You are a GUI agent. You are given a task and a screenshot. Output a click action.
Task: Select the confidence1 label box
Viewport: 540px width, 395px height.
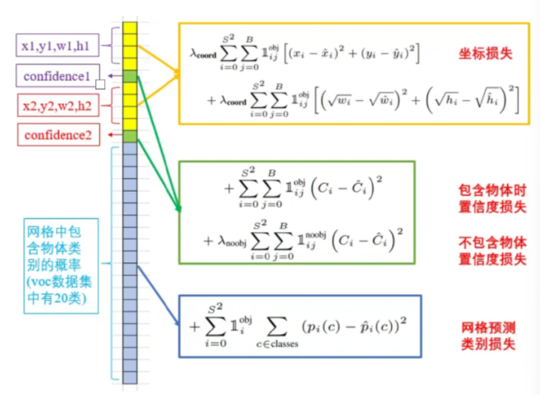(x=58, y=75)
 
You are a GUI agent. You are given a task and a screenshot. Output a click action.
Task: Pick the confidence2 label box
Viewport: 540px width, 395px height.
(x=58, y=135)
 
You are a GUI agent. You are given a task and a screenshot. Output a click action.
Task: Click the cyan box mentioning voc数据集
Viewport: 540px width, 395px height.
(x=61, y=266)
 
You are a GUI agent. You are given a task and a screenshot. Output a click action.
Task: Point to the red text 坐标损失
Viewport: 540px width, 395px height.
(x=485, y=54)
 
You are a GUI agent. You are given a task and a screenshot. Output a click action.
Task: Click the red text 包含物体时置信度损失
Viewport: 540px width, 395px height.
(x=492, y=198)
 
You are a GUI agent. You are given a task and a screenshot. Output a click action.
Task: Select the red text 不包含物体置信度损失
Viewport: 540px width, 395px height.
(x=492, y=251)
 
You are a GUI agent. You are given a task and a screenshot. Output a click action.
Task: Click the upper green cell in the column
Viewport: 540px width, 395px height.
(x=130, y=76)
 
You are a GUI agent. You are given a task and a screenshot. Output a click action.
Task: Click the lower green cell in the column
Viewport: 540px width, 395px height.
(x=130, y=136)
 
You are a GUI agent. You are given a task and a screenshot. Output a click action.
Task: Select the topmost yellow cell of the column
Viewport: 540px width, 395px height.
(x=130, y=28)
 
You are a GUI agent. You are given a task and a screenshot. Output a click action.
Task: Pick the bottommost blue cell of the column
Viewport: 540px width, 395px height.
(x=130, y=378)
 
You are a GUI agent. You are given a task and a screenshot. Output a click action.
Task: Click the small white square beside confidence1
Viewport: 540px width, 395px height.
(x=100, y=84)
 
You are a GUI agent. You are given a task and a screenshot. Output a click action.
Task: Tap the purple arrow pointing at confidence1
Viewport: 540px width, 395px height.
(x=115, y=76)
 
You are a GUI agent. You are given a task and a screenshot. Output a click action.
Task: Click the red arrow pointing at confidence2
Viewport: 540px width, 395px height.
(x=115, y=135)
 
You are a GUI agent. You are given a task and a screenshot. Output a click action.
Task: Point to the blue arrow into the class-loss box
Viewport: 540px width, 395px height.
(x=158, y=295)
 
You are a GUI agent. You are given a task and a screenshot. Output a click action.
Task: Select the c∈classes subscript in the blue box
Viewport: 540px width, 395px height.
(x=277, y=344)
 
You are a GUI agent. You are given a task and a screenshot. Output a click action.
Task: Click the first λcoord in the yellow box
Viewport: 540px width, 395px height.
(x=203, y=54)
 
